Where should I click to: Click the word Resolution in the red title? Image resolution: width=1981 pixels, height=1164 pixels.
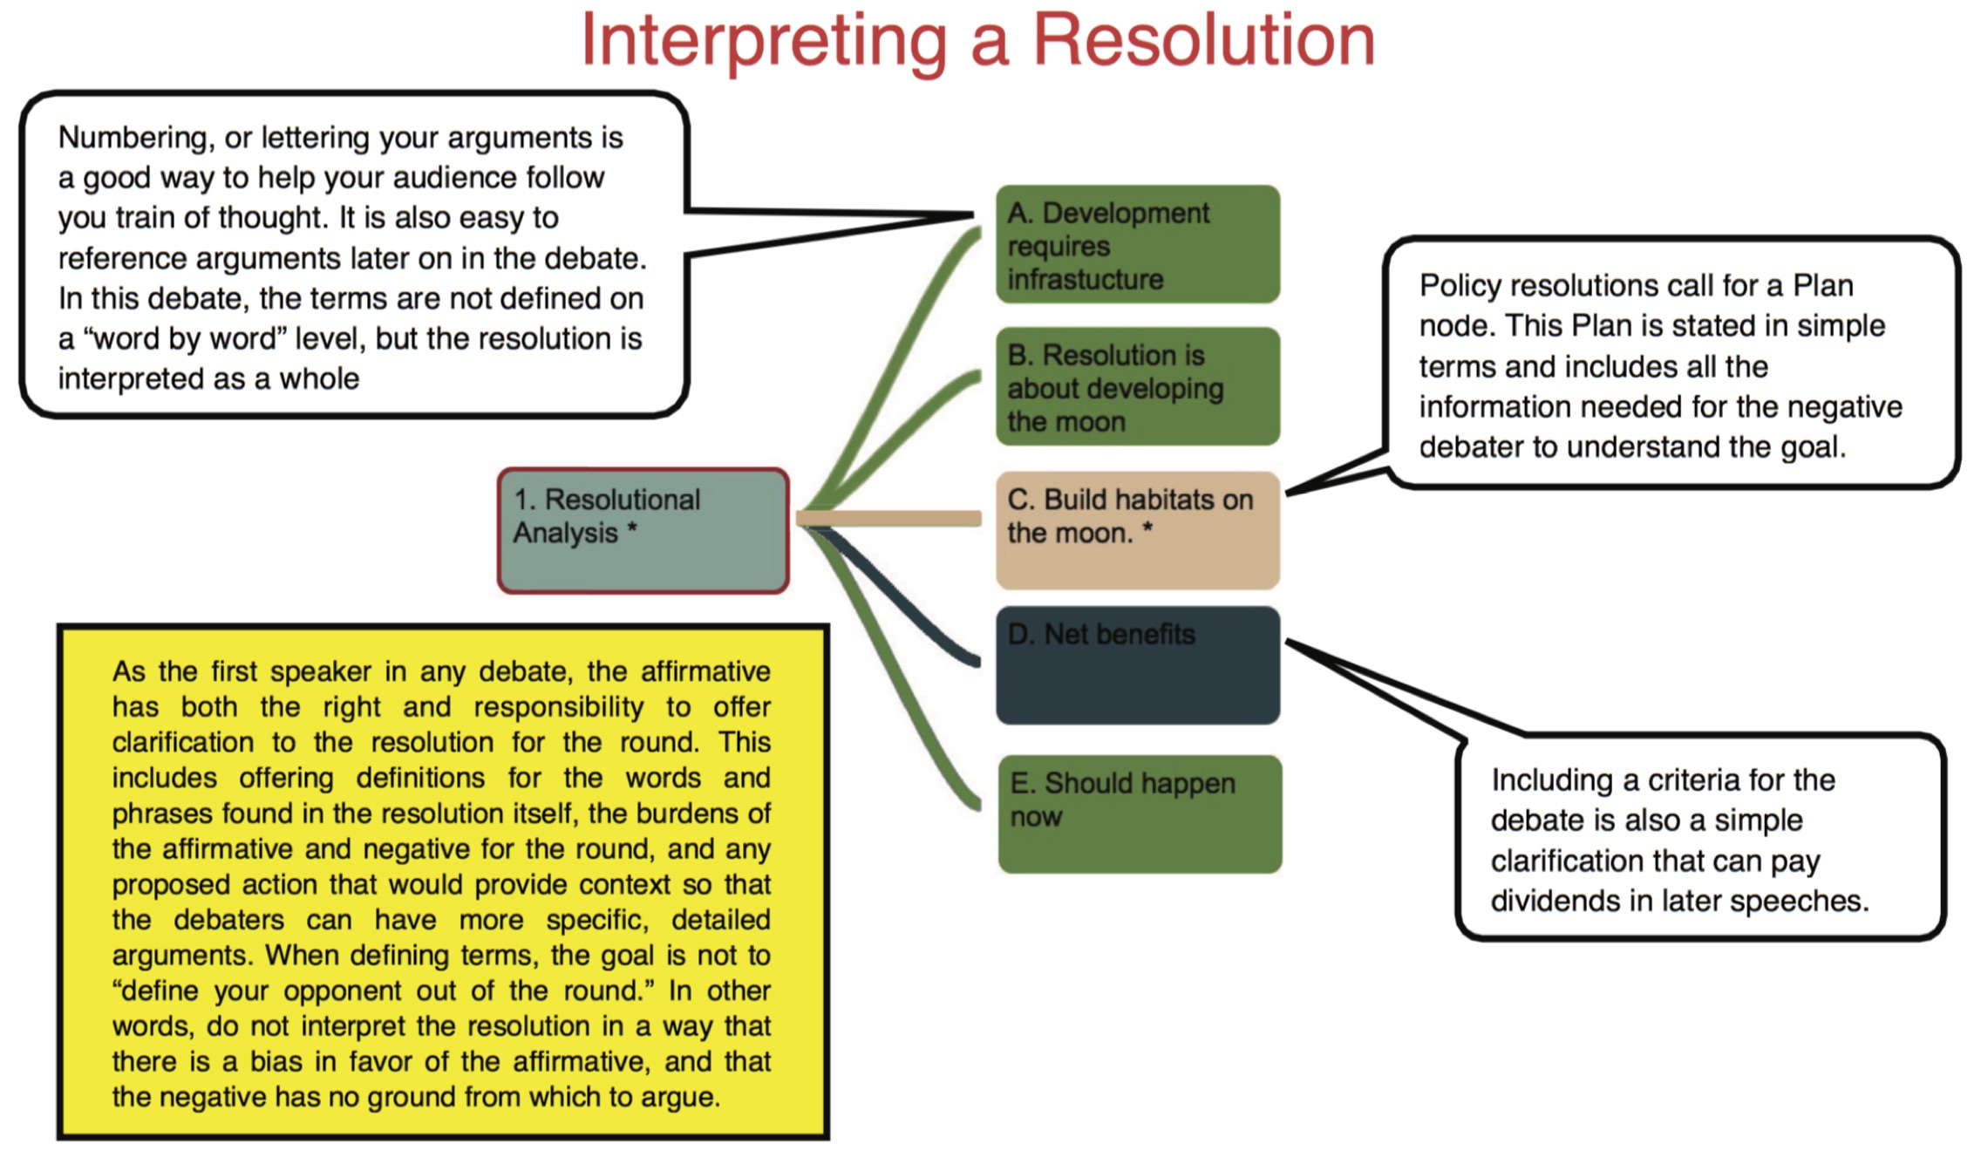tap(1204, 40)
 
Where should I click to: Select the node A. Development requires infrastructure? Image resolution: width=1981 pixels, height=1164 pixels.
tap(1138, 244)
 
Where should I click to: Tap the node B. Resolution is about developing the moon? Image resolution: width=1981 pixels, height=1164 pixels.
tap(1138, 386)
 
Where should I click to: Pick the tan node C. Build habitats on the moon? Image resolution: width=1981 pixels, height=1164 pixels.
tap(1138, 530)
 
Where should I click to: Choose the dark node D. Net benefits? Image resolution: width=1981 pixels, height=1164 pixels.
tap(1138, 665)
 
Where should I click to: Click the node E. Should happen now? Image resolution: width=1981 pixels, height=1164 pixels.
tap(1140, 814)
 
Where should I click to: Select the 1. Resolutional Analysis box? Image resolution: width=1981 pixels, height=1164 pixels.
tap(643, 531)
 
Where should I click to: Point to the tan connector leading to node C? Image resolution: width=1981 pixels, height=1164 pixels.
tap(888, 519)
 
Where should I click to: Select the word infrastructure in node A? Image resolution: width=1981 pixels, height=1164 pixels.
tap(1086, 279)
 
